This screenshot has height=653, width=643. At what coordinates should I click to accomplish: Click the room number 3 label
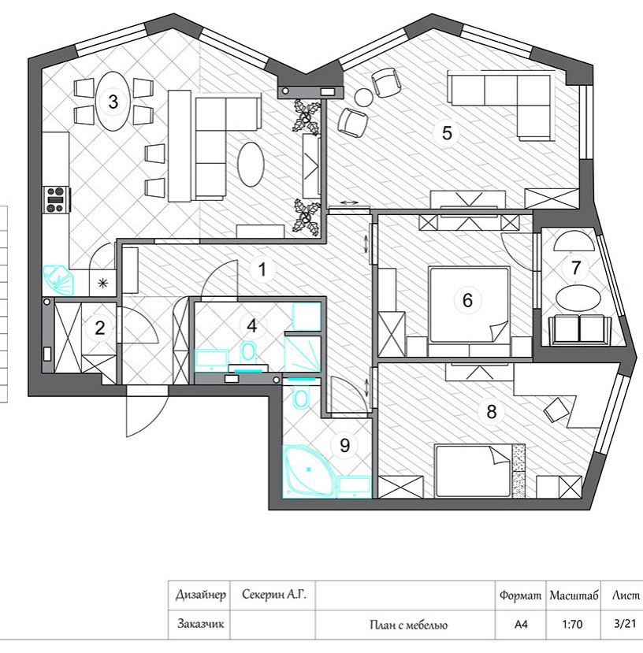pos(113,102)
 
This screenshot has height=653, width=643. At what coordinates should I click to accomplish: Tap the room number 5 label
pos(447,133)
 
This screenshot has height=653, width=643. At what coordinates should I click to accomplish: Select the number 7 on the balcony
pos(576,268)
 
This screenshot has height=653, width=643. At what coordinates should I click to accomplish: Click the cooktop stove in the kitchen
pos(57,200)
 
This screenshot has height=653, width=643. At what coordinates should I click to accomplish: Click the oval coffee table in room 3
pos(251,165)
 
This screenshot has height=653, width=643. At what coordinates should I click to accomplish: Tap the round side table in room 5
pos(364,98)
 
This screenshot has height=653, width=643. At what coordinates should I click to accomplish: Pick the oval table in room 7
pos(578,298)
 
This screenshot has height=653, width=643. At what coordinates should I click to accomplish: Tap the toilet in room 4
pos(247,352)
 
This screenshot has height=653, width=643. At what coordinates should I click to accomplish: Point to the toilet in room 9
pos(300,397)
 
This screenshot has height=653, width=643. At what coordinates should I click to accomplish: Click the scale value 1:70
pos(572,625)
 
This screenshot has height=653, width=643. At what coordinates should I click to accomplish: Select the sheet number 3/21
pos(625,623)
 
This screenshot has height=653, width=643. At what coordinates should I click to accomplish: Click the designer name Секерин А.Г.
pos(273,594)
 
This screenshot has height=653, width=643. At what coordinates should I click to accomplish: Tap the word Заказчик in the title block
pos(199,624)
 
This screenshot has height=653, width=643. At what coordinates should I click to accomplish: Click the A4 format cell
pos(521,625)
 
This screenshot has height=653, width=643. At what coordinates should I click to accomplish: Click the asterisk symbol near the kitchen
pos(102,284)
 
